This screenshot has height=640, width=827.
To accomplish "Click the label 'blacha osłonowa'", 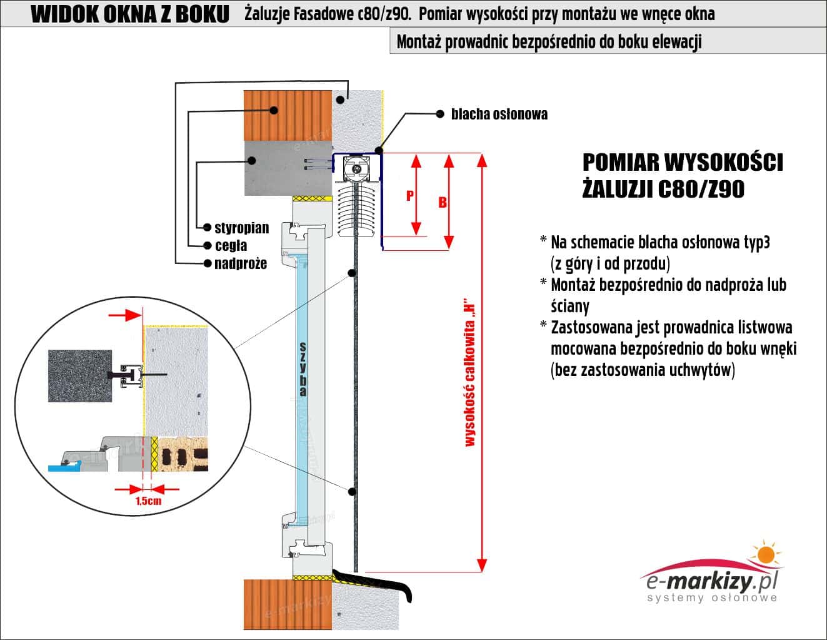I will coord(499,114).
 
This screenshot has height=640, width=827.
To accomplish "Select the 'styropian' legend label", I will coord(241,227).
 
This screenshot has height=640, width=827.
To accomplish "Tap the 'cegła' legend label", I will coord(231,245).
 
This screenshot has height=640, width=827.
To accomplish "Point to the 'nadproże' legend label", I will coord(240,263).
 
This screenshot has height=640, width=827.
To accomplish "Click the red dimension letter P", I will coord(410,195).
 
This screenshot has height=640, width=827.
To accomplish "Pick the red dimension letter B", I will coord(443,202).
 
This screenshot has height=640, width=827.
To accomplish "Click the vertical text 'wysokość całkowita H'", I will coord(470,376).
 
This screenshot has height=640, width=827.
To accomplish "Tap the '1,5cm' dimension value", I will coord(148,500).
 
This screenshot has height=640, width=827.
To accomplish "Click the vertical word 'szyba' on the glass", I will coord(303,369).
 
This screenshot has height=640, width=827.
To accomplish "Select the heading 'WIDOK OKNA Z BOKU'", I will coord(130,14).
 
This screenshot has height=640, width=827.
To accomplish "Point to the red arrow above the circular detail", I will coord(124,315).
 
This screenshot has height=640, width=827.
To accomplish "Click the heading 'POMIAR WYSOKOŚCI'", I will coord(683,163).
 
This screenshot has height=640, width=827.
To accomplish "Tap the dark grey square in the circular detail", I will coord(79,375).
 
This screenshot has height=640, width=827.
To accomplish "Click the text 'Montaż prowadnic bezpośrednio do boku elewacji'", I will coord(549,42).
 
